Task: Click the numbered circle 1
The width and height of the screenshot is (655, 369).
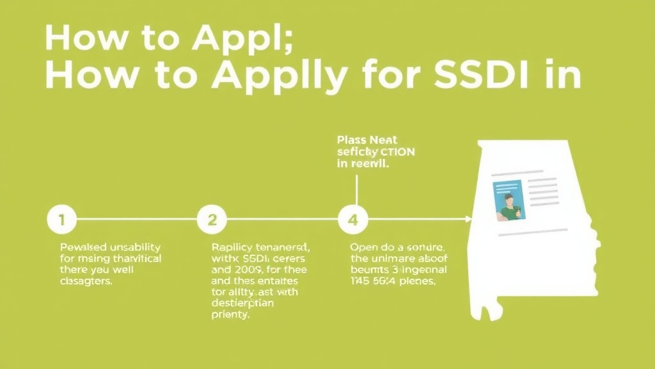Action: [62, 220]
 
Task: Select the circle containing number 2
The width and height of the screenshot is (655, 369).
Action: [212, 220]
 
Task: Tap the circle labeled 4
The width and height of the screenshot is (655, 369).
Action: [352, 220]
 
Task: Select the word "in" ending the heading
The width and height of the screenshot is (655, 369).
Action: [564, 76]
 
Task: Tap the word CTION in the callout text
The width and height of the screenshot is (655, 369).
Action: [392, 152]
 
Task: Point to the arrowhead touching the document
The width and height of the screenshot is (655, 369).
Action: [468, 220]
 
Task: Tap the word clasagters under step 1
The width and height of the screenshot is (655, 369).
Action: [86, 281]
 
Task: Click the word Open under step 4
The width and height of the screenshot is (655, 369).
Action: [363, 247]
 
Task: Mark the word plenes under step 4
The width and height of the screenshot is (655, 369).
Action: [417, 281]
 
